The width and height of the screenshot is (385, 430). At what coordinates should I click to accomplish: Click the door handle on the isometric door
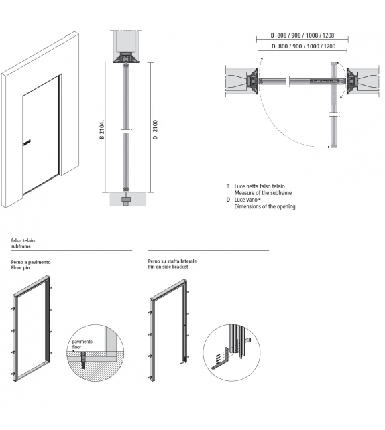27,143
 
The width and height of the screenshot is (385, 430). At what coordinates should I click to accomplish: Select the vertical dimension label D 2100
155,128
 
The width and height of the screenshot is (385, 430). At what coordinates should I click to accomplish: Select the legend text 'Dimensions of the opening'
264,206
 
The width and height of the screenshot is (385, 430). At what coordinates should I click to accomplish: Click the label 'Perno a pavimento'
30,261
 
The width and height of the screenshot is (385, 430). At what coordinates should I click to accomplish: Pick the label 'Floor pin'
22,268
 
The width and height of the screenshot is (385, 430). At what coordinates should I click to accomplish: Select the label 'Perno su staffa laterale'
172,261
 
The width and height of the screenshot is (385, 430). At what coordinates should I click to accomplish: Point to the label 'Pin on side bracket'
168,267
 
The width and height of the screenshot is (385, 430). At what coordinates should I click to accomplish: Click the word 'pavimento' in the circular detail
84,342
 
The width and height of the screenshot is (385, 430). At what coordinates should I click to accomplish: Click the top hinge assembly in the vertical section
126,59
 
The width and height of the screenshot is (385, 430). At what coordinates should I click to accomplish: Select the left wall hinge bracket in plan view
254,81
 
